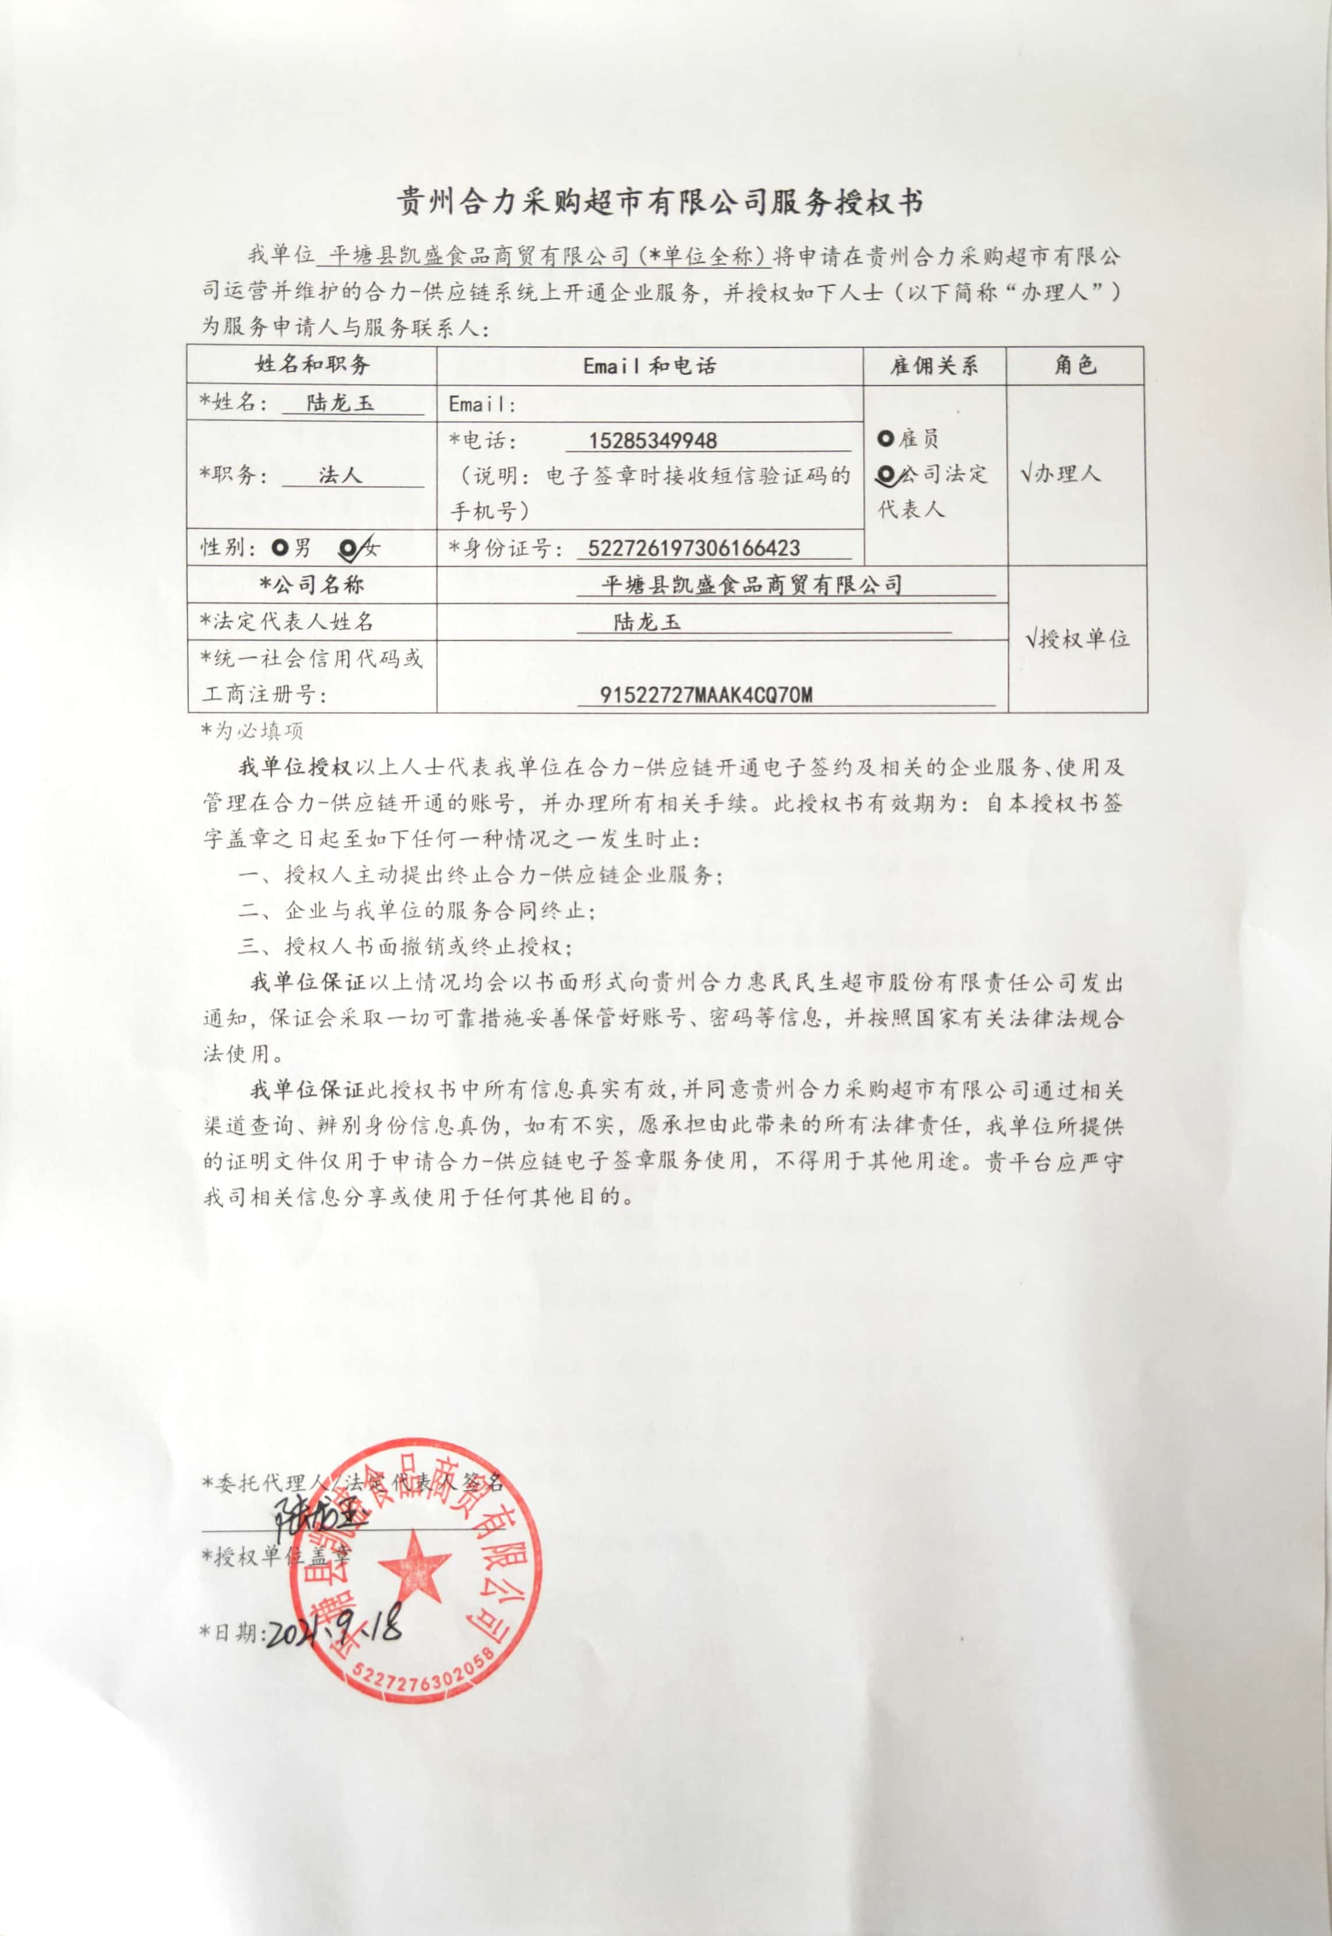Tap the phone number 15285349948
(x=653, y=441)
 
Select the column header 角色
(x=1075, y=365)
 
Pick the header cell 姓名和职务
(x=312, y=364)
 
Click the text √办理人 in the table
(x=1060, y=474)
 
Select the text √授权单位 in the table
(x=1078, y=640)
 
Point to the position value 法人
(x=339, y=475)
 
